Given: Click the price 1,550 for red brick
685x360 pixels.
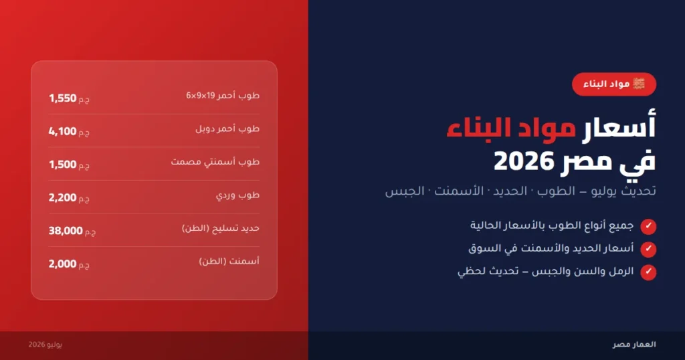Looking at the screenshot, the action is coord(63,98).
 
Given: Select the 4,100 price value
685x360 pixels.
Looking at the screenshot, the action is coord(62,132).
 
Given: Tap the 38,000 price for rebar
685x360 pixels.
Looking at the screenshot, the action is coord(66,231).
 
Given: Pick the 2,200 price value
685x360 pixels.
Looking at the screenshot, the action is coord(62,197).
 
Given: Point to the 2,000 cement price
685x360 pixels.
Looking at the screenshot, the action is coord(62,264).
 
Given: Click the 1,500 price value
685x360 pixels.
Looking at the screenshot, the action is coord(63,165).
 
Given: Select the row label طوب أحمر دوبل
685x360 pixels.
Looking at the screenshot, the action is coord(227,129).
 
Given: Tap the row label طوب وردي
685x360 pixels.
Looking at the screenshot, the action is coord(237,195).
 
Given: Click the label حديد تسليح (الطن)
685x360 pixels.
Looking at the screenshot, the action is coord(221,228).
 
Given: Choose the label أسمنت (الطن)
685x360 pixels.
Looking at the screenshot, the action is coord(229,261).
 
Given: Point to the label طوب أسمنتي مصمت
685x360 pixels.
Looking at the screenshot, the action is coord(215,162).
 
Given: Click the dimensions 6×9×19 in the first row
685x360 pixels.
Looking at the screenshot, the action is coord(201,96).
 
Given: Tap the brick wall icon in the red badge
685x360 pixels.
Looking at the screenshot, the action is coord(639,84).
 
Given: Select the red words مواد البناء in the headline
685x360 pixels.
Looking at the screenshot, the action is coord(511,128).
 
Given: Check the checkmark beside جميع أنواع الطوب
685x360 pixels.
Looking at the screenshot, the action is coord(648,226).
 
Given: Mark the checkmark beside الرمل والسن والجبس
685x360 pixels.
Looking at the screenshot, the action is coord(648,272).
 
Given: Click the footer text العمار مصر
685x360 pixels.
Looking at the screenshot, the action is coord(634,345).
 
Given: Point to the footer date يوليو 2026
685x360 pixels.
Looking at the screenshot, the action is coord(45,345).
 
